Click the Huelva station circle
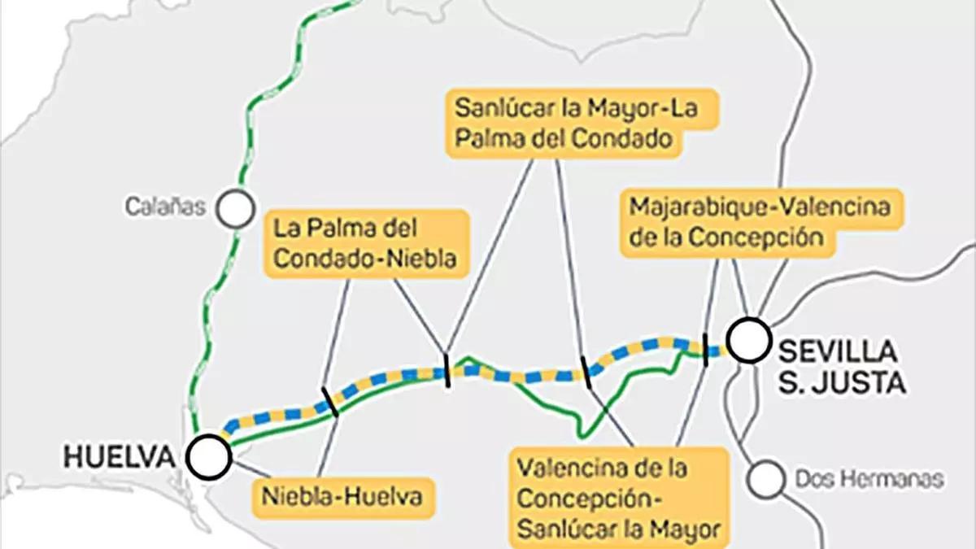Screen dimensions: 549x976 208,456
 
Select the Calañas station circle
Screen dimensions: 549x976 237,208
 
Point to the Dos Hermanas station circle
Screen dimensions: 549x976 766,479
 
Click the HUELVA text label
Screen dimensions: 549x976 120,457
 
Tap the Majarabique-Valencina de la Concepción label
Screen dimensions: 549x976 759,222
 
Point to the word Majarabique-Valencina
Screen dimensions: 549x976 759,207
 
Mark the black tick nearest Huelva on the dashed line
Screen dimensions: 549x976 329,402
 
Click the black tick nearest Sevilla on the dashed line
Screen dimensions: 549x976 705,350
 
